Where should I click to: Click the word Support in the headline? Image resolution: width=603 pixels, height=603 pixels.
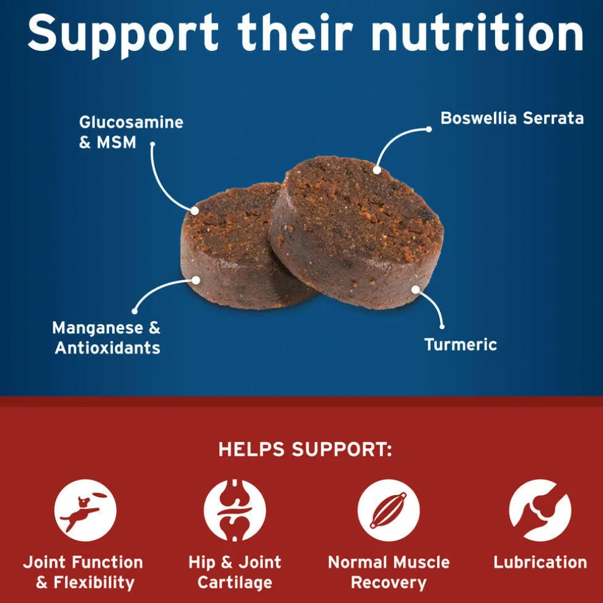click(123, 36)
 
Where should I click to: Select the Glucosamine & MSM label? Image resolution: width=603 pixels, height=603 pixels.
click(131, 132)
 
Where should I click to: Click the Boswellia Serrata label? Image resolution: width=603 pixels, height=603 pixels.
click(512, 118)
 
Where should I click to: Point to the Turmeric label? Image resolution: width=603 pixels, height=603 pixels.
click(460, 344)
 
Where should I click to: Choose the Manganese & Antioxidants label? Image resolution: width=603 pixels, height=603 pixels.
click(107, 338)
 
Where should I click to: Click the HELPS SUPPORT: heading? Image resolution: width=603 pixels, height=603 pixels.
click(305, 449)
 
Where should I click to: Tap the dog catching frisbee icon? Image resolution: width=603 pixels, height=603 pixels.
click(85, 510)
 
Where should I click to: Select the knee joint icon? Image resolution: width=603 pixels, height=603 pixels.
click(235, 510)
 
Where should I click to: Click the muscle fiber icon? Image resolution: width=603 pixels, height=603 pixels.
click(389, 510)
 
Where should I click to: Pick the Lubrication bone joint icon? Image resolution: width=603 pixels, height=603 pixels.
click(540, 510)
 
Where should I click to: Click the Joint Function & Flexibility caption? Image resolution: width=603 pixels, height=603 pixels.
click(83, 572)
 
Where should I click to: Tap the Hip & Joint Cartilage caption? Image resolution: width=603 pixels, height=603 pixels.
click(235, 572)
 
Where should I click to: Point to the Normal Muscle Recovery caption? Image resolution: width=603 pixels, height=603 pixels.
click(389, 572)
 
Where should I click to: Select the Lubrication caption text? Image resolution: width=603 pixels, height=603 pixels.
click(540, 562)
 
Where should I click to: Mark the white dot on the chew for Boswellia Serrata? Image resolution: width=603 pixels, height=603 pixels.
click(377, 170)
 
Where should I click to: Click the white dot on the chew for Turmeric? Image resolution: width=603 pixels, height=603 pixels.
click(415, 289)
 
